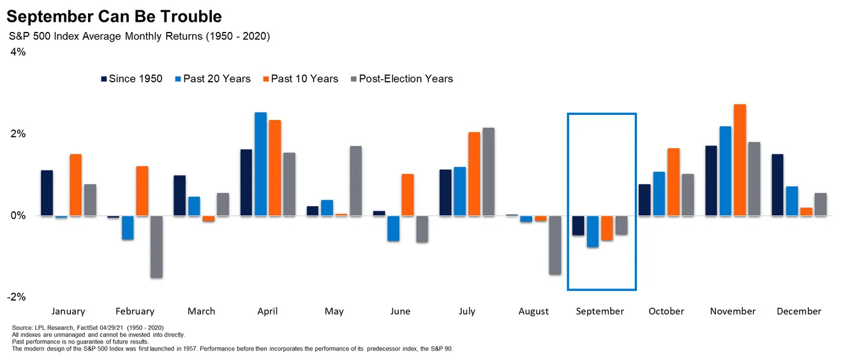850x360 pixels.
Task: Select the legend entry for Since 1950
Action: pyautogui.click(x=131, y=79)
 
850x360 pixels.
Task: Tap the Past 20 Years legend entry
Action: pyautogui.click(x=212, y=79)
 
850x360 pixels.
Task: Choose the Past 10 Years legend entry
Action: pyautogui.click(x=299, y=79)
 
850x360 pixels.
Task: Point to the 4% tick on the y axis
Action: pyautogui.click(x=18, y=52)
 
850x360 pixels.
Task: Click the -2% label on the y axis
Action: pyautogui.click(x=17, y=297)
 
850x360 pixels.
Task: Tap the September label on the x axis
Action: pyautogui.click(x=600, y=311)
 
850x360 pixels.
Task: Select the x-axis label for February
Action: pyautogui.click(x=135, y=311)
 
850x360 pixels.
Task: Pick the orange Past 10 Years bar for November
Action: pyautogui.click(x=740, y=160)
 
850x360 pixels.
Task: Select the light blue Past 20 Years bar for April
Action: pyautogui.click(x=260, y=164)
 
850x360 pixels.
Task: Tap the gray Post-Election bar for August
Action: pyautogui.click(x=555, y=245)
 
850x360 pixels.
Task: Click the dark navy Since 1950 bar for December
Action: pyautogui.click(x=777, y=185)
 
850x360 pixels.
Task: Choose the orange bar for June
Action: pyautogui.click(x=408, y=195)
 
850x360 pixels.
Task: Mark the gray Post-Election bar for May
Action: pyautogui.click(x=356, y=181)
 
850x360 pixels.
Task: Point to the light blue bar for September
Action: pyautogui.click(x=593, y=231)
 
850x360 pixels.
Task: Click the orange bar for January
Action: pyautogui.click(x=75, y=185)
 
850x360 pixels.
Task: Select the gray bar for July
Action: pyautogui.click(x=489, y=172)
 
